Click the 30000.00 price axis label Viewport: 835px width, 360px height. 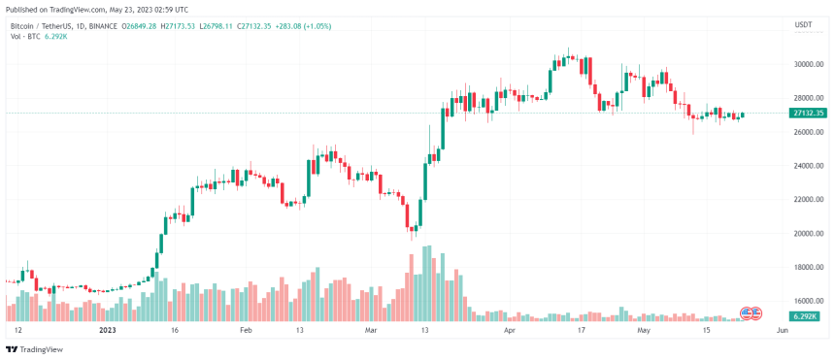(x=808, y=64)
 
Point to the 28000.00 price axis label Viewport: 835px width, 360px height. (x=808, y=98)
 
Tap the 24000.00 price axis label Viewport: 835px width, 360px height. (x=808, y=166)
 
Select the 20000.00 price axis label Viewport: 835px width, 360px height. (x=808, y=234)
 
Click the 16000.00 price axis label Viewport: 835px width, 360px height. (x=808, y=301)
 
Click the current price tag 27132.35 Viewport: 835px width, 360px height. (x=808, y=114)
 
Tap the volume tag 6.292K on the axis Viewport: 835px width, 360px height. (x=804, y=316)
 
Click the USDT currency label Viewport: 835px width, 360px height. (x=803, y=24)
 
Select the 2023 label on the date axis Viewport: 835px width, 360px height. (x=108, y=330)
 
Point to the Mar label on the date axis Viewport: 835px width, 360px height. (x=370, y=330)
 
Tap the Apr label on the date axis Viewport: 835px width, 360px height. (x=511, y=330)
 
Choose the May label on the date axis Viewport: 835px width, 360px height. (x=643, y=330)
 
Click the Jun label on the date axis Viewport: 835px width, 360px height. (x=782, y=330)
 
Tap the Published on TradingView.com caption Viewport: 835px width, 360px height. (x=78, y=7)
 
